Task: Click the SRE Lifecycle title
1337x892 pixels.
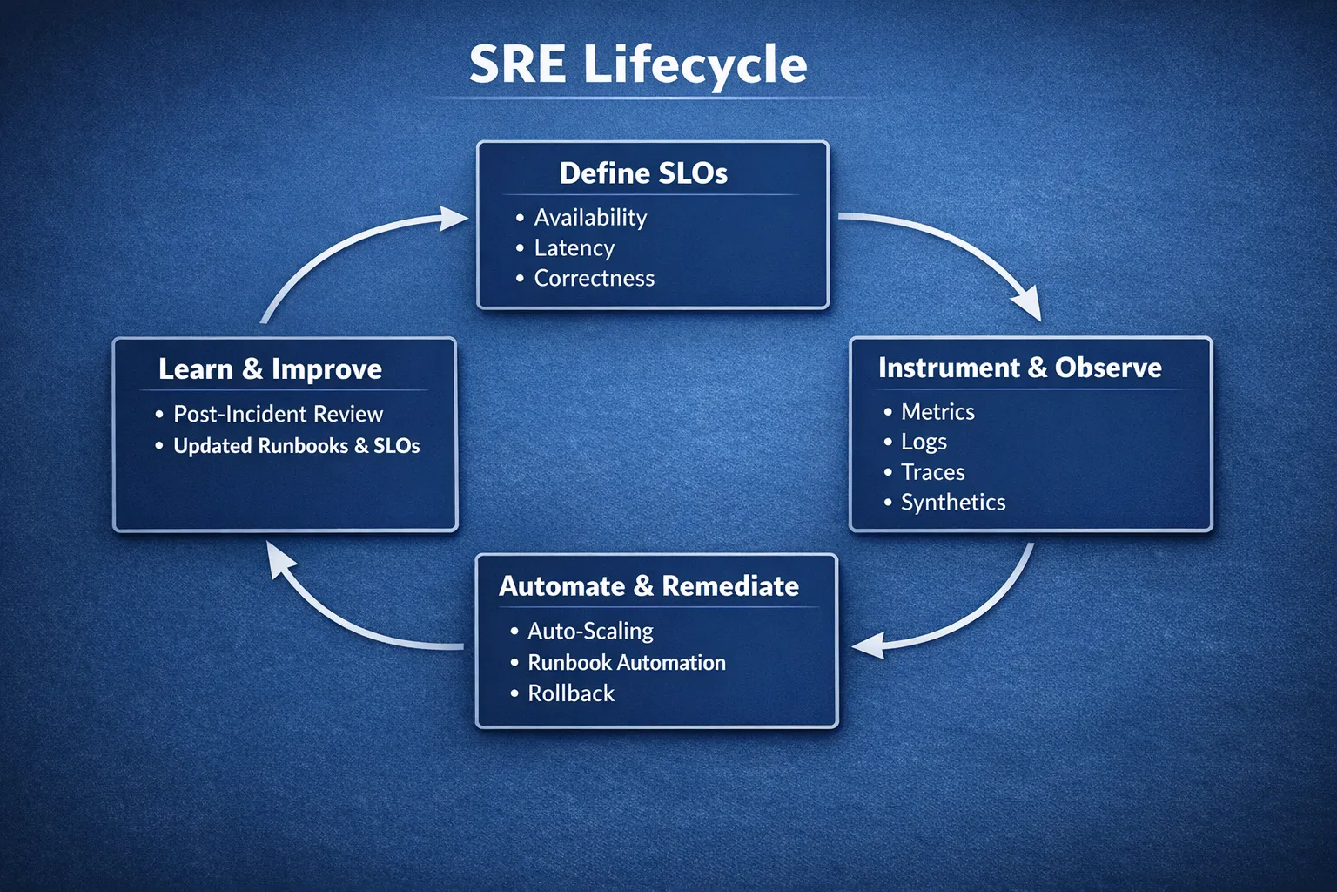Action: [x=638, y=64]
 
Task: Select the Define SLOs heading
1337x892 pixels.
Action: [x=643, y=173]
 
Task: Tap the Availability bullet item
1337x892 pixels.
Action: [x=590, y=217]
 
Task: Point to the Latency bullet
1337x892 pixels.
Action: [x=574, y=248]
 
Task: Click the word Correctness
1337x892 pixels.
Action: [x=594, y=279]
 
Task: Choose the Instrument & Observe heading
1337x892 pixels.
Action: [x=1019, y=368]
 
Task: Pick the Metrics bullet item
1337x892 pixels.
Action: [x=937, y=411]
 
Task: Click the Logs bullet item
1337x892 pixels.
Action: [x=924, y=442]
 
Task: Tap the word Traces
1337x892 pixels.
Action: [x=932, y=472]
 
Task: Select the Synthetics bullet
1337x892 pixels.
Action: [x=952, y=503]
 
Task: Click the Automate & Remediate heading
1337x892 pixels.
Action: [x=648, y=585]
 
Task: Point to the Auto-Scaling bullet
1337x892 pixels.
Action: [x=590, y=631]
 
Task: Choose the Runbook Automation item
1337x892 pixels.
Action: [x=626, y=663]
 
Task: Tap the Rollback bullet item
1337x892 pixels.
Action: [x=571, y=693]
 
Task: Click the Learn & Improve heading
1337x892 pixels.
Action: [x=270, y=369]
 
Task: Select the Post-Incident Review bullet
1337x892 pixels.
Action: [x=278, y=414]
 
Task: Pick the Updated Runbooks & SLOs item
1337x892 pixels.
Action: [x=296, y=446]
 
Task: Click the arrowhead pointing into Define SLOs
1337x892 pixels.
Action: [x=454, y=218]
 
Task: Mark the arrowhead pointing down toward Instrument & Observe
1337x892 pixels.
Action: [x=1029, y=306]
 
